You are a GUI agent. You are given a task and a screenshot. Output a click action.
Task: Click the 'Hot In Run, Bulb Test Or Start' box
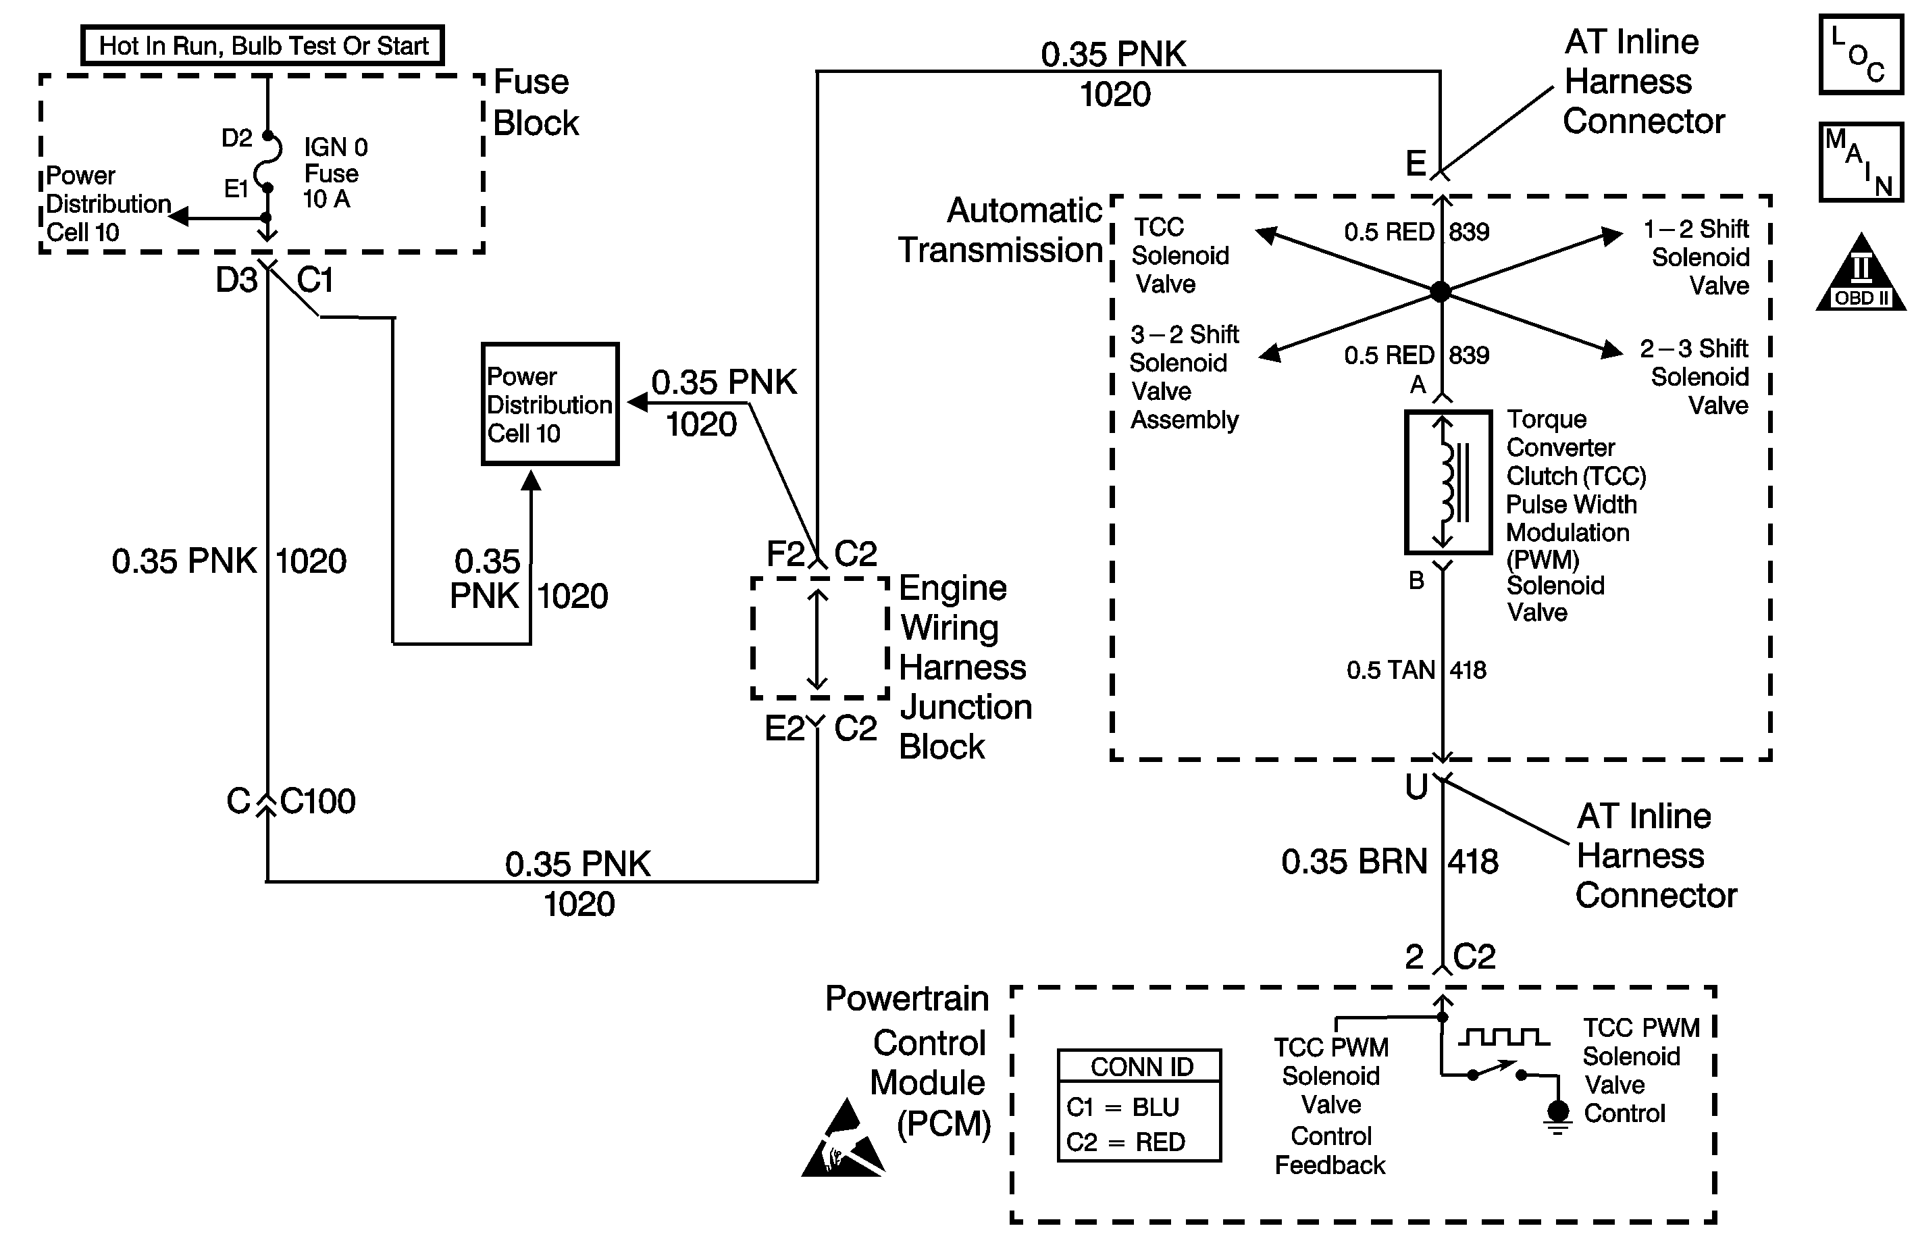[x=263, y=45]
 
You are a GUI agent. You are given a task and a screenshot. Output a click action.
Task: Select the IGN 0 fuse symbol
[x=268, y=162]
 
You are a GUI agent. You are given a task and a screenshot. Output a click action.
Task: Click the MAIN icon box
[x=1861, y=163]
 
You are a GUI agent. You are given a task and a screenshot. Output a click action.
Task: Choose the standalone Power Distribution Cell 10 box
[x=550, y=404]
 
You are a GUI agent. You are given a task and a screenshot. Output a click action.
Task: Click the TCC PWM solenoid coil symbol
[x=1448, y=482]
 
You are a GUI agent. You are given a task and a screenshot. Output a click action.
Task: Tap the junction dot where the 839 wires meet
[x=1441, y=291]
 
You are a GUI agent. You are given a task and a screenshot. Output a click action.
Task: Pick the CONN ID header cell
[x=1140, y=1067]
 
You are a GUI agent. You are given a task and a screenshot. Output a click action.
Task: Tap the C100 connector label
[x=317, y=801]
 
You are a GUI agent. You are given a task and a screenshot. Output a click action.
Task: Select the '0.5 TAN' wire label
[x=1391, y=670]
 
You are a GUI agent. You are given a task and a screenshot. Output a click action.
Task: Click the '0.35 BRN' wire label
[x=1354, y=861]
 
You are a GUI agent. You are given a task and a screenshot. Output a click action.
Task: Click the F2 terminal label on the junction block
[x=785, y=554]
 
